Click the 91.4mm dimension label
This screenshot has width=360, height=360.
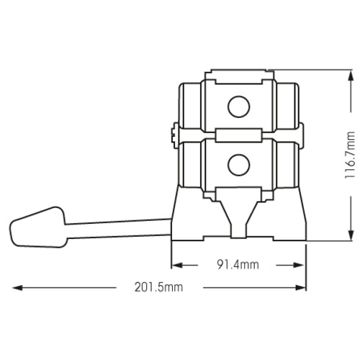point(238,264)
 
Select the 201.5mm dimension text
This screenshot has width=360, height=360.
point(158,287)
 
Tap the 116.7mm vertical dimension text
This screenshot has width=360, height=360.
point(350,155)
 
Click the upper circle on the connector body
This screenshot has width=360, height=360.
point(238,107)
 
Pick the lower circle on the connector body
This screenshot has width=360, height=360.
point(238,165)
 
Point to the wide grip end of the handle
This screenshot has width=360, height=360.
point(37,227)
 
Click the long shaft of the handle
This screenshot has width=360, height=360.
point(118,228)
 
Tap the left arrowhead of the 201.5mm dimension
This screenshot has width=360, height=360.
point(17,287)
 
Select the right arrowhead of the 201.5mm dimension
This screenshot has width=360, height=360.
point(300,287)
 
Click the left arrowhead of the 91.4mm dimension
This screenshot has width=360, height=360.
point(176,265)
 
